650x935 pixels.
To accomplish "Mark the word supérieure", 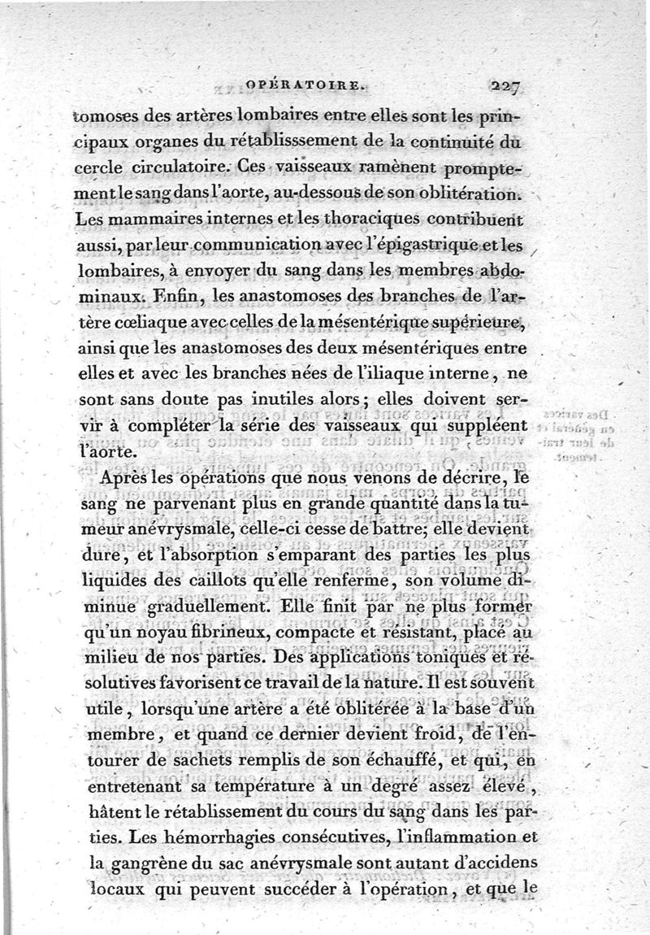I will [481, 324].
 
